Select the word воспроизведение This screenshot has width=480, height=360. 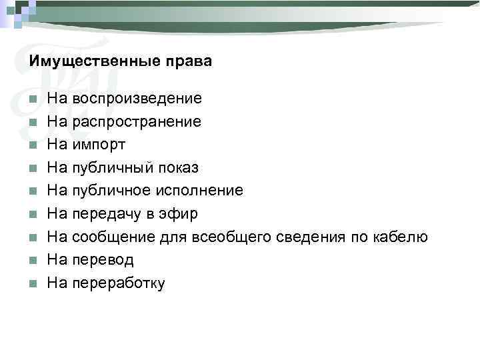coord(137,99)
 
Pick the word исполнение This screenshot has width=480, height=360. coord(199,191)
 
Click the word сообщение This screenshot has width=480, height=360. coord(108,237)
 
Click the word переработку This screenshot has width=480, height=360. coord(118,283)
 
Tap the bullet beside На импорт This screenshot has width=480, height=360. coord(33,145)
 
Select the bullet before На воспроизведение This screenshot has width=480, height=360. coord(33,100)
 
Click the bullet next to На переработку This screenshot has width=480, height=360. coord(33,283)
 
